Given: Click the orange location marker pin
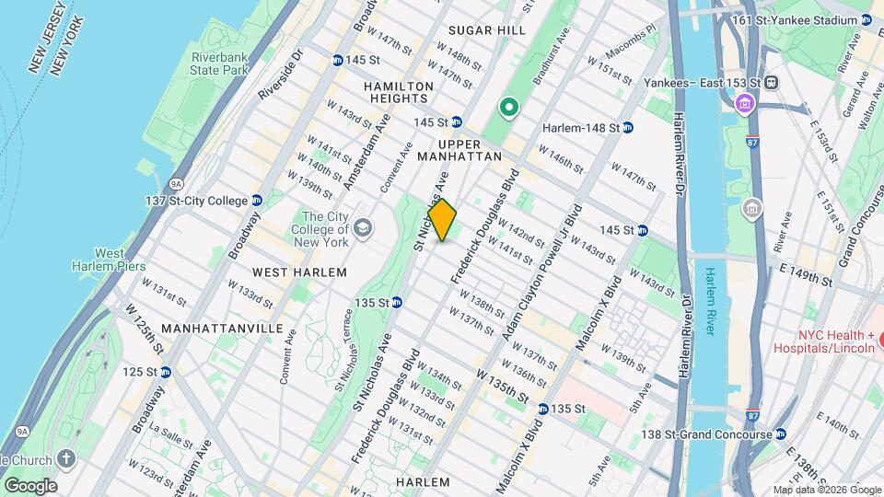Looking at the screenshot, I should point(442,220).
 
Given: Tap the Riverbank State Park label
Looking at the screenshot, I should point(220,64).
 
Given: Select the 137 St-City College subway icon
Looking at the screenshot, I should point(257,201).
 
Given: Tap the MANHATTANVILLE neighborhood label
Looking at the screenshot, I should point(209,328).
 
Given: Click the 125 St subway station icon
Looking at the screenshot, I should point(166,372).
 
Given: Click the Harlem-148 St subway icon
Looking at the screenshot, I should point(628,127).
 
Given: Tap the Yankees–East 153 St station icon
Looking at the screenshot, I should point(772,82).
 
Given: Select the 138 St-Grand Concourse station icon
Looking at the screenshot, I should point(782,434).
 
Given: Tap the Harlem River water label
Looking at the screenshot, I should point(710,301).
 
